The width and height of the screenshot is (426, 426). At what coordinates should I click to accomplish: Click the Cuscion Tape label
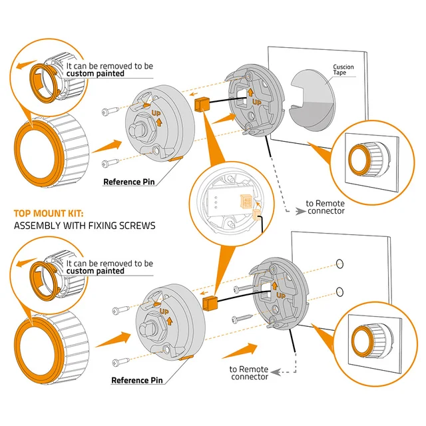343,69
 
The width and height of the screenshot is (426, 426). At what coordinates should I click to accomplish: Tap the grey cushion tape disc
312,101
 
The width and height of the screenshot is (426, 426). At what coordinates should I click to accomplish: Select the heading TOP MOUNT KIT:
49,214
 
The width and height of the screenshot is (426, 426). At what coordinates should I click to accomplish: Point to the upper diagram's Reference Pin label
129,182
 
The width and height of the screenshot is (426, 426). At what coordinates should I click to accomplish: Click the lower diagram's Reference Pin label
137,380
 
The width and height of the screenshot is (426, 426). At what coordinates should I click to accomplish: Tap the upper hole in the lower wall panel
339,264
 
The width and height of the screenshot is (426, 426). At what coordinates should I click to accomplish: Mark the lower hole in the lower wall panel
339,292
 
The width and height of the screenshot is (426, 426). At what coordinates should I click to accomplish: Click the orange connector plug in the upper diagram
202,105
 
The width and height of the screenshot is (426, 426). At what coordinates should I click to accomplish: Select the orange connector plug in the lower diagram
210,304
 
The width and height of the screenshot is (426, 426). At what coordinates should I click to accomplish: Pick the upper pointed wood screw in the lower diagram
243,288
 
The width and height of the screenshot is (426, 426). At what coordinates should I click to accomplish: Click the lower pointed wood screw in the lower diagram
242,318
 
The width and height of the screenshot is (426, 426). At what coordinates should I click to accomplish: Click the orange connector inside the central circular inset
246,201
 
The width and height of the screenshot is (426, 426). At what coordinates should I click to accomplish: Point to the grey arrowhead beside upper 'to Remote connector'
300,211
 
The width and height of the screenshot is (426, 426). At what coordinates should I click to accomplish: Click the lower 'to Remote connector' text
249,373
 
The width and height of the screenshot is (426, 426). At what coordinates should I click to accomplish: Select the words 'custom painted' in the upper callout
95,74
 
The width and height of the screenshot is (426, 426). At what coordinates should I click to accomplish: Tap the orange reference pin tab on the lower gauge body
186,357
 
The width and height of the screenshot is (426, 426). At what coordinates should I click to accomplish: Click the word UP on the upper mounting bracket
257,103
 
